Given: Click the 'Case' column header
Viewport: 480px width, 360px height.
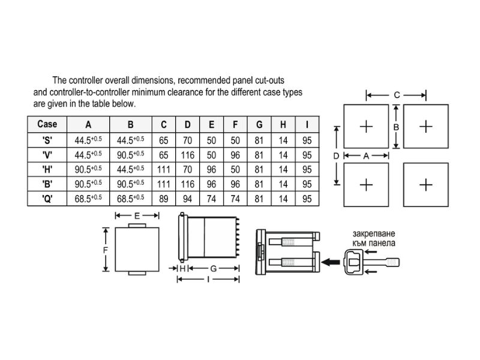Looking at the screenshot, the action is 47,124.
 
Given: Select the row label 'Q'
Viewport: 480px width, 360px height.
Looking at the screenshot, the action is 47,199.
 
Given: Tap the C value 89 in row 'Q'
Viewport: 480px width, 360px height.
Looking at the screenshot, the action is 163,199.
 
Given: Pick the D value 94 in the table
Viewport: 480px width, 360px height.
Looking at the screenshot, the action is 187,199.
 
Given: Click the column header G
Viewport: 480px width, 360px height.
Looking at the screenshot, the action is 259,125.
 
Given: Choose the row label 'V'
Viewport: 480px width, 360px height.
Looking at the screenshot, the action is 47,155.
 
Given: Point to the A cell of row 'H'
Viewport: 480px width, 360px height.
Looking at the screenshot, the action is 88,169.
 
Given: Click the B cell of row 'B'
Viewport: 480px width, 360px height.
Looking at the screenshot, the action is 130,184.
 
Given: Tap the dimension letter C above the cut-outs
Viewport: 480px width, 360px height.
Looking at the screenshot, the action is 397,95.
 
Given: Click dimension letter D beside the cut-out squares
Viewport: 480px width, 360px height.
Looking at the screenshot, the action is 336,156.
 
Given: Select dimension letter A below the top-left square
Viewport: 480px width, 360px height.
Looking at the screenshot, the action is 366,156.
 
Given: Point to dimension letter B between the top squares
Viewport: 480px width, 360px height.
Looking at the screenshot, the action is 396,127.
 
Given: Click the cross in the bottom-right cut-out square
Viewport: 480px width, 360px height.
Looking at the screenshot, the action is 426,185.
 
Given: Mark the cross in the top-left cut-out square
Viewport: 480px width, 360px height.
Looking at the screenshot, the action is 366,127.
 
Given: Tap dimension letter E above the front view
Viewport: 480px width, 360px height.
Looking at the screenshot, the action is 137,216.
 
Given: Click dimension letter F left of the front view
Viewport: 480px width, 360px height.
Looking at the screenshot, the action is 106,250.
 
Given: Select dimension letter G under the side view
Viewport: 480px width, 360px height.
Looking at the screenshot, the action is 214,268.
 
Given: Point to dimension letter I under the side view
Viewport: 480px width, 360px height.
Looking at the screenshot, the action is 208,279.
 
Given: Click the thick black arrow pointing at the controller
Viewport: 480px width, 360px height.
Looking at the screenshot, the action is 331,262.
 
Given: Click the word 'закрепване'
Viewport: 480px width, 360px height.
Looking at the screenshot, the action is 374,234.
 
